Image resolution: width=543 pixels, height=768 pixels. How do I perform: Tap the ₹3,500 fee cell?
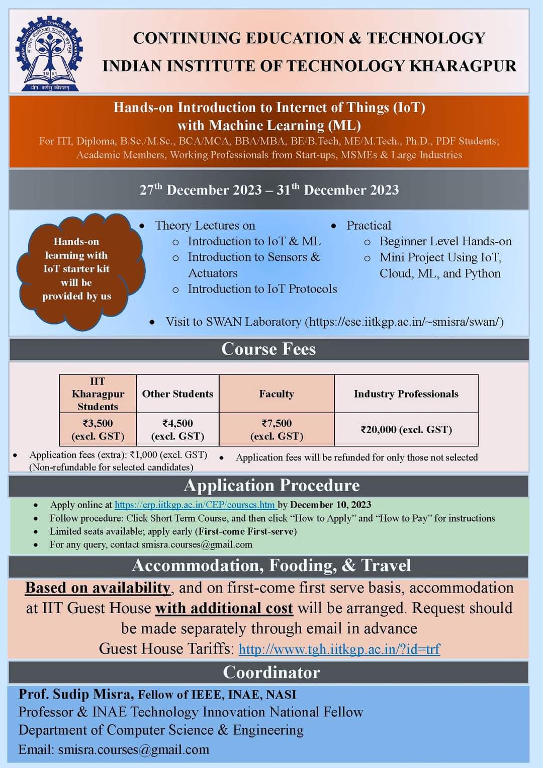click(98, 429)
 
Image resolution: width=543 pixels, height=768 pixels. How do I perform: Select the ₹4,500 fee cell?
click(177, 429)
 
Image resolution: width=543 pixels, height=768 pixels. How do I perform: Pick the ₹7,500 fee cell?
click(277, 429)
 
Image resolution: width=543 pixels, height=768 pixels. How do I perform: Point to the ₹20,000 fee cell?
click(406, 429)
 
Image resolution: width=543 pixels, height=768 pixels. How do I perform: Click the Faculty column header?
click(277, 394)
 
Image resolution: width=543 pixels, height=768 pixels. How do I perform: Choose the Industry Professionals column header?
click(406, 394)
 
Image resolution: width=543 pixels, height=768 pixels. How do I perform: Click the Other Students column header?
click(177, 394)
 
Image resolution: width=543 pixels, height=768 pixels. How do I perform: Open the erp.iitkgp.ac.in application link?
click(195, 505)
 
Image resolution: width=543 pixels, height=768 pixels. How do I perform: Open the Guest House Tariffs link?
click(339, 649)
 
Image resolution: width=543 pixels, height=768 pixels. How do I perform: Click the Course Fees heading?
click(268, 349)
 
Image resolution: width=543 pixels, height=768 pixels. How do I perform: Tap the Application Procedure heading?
click(271, 485)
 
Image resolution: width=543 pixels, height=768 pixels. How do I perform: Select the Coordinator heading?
click(271, 672)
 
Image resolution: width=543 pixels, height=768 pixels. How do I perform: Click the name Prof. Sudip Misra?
click(76, 694)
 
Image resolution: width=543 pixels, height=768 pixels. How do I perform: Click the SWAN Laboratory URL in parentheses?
click(404, 322)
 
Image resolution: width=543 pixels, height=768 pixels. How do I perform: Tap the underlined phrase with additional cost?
click(224, 608)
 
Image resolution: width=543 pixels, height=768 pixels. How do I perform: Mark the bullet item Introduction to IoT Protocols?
click(262, 289)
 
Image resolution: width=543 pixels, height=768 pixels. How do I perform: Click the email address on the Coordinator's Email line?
click(134, 749)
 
